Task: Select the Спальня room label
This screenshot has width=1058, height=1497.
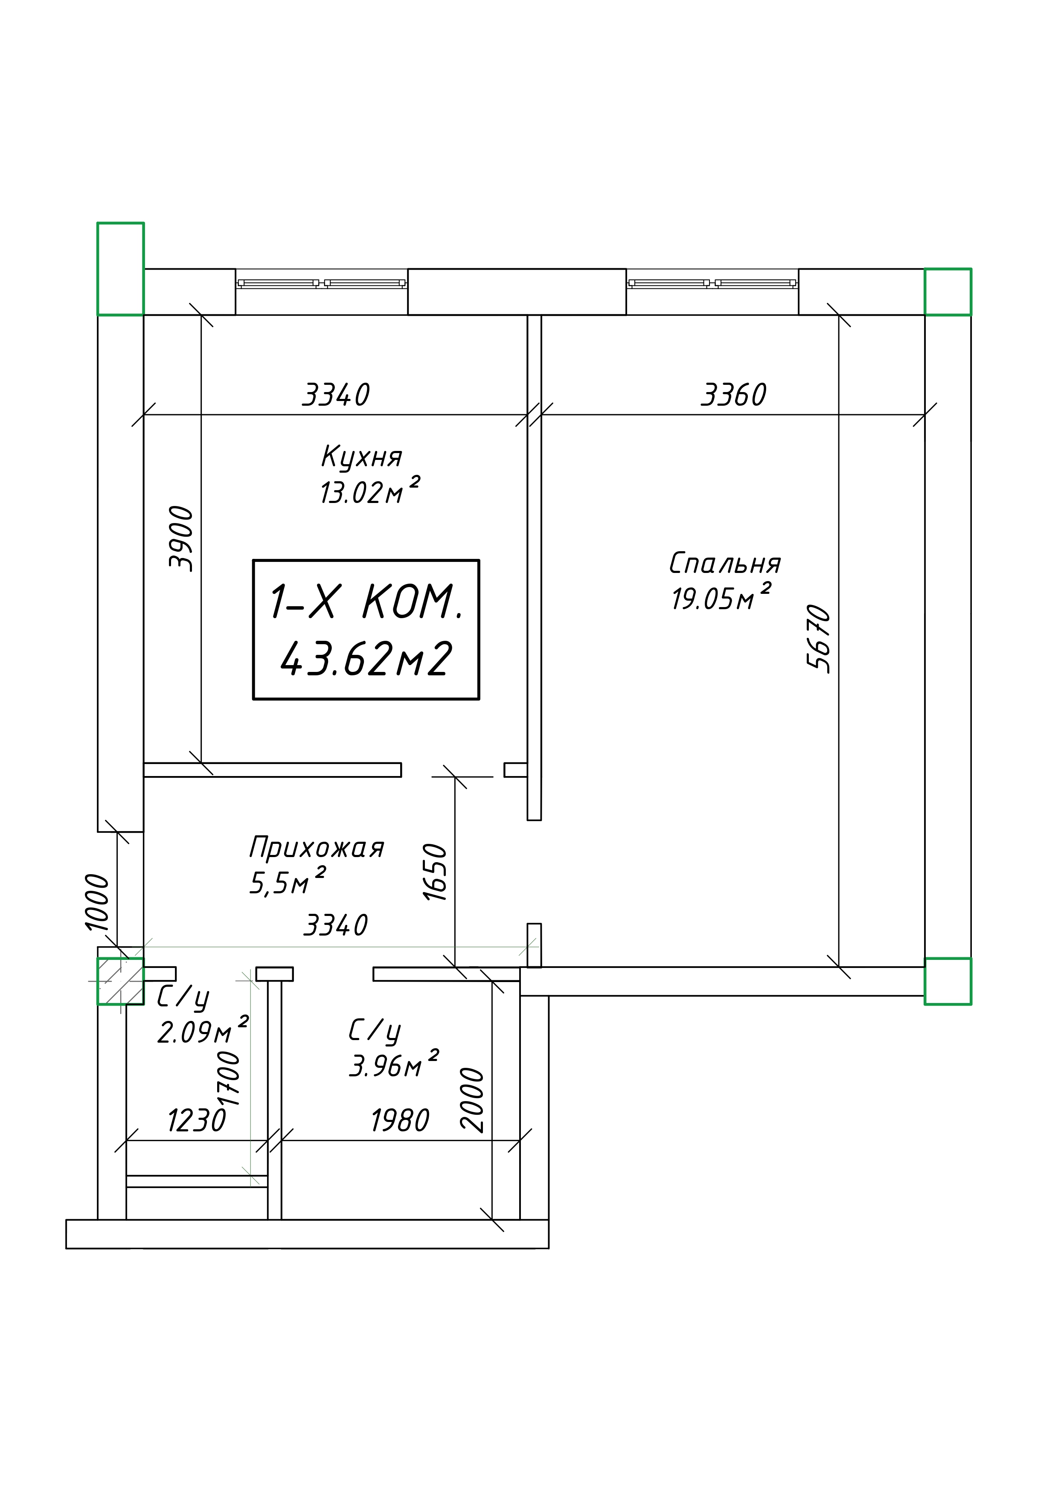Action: click(725, 563)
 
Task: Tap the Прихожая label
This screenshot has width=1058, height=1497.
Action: click(317, 848)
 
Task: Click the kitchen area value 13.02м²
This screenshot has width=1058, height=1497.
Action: click(369, 491)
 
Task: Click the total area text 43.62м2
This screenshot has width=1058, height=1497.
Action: click(366, 659)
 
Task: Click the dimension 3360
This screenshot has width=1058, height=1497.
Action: click(734, 395)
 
